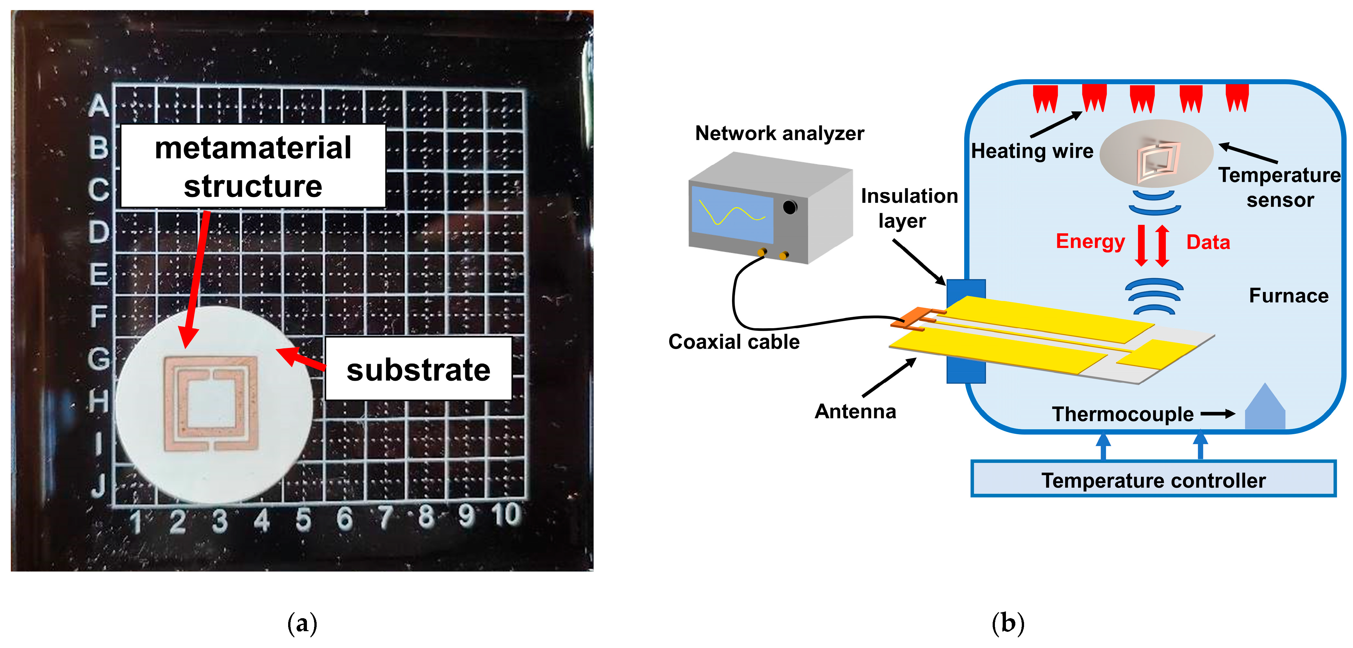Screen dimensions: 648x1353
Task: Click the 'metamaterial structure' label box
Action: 253,166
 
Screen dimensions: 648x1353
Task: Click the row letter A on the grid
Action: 99,106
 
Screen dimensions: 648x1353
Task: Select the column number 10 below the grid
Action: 506,515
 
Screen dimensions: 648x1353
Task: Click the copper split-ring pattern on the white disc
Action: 211,404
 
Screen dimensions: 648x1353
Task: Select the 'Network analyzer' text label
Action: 779,133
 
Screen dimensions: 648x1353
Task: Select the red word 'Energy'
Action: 1090,241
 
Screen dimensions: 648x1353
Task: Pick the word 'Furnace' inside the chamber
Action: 1288,296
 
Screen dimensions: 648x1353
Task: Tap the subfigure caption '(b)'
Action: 1008,623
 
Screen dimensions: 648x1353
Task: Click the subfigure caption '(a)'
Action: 302,623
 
